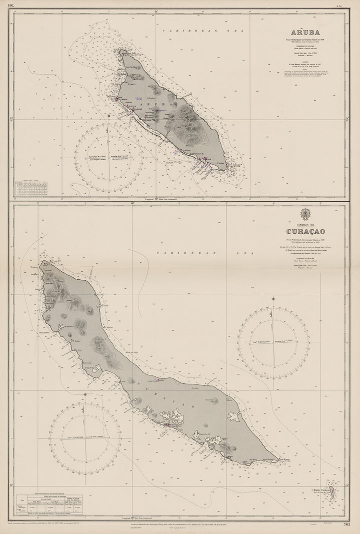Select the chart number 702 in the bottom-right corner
click(x=349, y=524)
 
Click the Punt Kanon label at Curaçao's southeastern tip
click(x=285, y=458)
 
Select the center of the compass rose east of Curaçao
click(x=273, y=342)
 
